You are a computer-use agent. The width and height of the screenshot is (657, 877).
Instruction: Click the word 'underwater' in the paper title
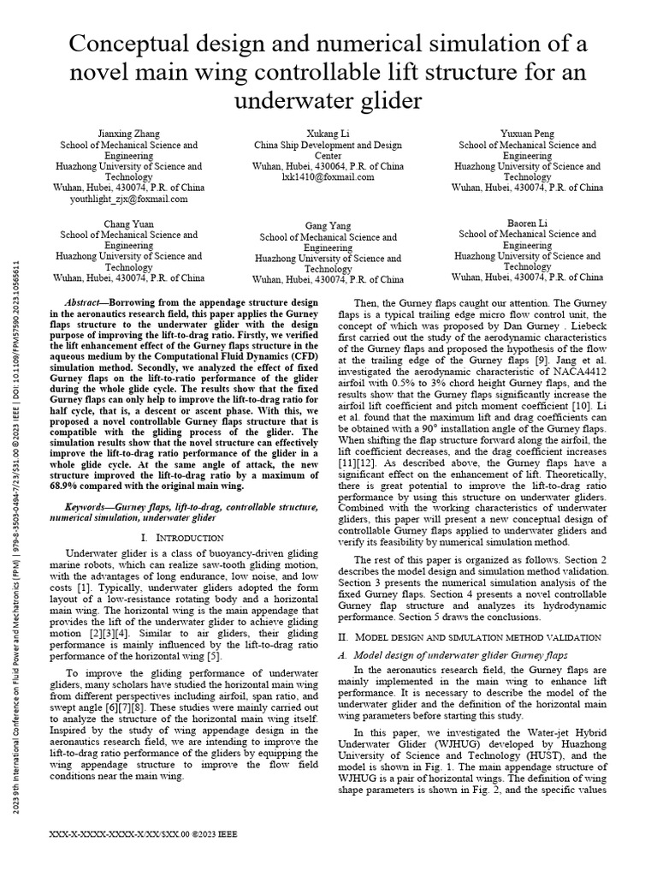pos(289,100)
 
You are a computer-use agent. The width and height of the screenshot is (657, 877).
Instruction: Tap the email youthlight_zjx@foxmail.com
pos(129,199)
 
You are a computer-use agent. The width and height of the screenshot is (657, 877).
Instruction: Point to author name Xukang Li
pos(328,134)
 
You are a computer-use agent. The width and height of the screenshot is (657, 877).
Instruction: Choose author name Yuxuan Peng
pos(528,134)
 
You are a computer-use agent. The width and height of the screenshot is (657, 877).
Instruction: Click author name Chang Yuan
pos(129,223)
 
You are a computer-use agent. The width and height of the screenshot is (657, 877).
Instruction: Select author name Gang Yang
pos(328,225)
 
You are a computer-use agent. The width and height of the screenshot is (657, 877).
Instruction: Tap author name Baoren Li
pos(528,223)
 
